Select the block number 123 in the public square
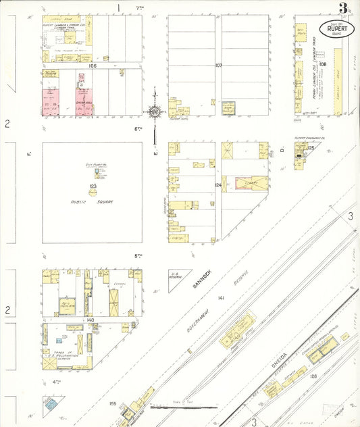pyautogui.click(x=93, y=186)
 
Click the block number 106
pyautogui.click(x=93, y=66)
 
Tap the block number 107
pyautogui.click(x=218, y=66)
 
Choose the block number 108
pyautogui.click(x=323, y=65)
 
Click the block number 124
pyautogui.click(x=218, y=184)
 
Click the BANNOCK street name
pyautogui.click(x=201, y=278)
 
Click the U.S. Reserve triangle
pyautogui.click(x=177, y=278)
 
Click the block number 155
pyautogui.click(x=112, y=404)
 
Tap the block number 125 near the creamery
pyautogui.click(x=311, y=147)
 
